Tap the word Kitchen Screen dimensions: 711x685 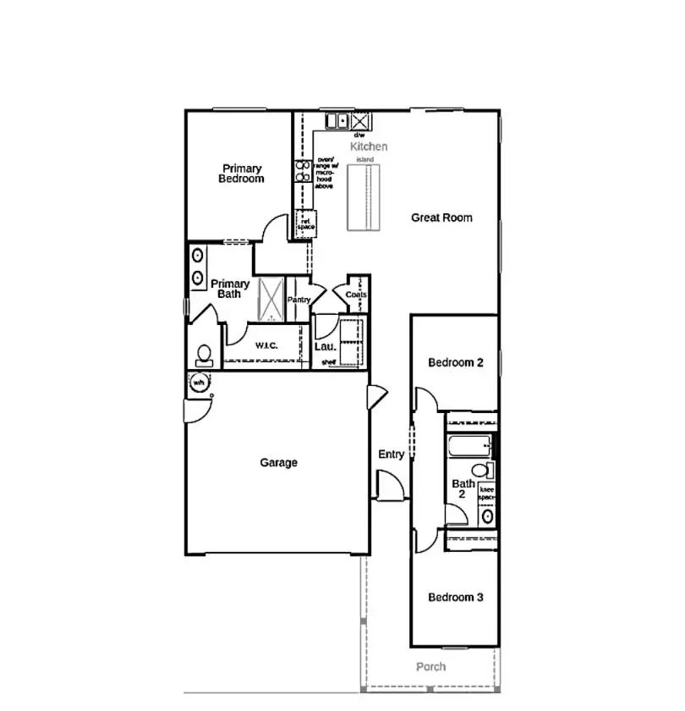point(369,146)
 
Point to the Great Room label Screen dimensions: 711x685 point(441,218)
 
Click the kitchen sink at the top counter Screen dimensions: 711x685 point(337,121)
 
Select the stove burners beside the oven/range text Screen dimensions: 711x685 point(302,171)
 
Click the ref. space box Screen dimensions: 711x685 point(304,225)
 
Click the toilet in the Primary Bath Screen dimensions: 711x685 point(204,354)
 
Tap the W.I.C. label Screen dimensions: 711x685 point(266,345)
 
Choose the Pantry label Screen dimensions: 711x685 point(299,300)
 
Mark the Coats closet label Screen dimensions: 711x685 point(355,295)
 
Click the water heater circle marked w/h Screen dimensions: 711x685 point(200,383)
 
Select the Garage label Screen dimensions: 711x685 point(278,462)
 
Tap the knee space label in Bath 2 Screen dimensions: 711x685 point(487,493)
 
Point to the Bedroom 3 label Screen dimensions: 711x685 point(455,597)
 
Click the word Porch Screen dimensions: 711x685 point(430,667)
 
